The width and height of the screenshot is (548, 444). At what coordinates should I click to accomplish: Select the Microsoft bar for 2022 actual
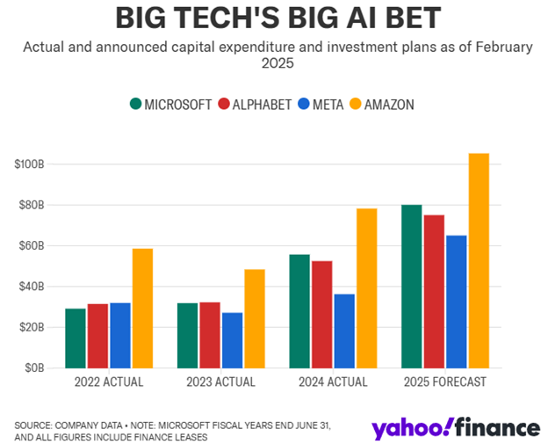(76, 338)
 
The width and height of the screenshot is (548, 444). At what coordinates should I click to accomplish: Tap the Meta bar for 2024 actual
(344, 331)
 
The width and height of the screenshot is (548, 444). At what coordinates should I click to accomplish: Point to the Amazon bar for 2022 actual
(142, 309)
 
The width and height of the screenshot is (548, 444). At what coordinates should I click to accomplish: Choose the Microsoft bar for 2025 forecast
(411, 287)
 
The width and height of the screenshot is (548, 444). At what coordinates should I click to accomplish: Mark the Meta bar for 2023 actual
(232, 340)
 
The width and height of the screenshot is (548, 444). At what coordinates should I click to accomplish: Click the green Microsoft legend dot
(135, 104)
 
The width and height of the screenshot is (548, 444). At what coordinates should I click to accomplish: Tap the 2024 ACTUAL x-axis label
(333, 382)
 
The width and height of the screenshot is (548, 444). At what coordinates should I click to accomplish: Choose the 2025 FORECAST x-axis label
(445, 382)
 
